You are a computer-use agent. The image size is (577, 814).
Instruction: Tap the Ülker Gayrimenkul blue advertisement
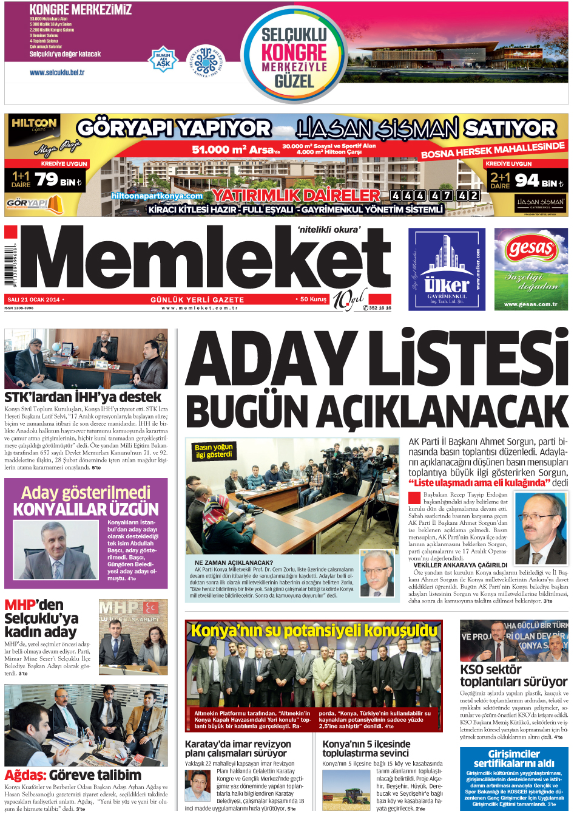447,269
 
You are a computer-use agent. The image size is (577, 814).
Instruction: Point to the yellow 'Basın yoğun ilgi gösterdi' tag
214,451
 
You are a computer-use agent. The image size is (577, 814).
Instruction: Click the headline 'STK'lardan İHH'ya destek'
83,397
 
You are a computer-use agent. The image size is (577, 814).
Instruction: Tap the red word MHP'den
34,605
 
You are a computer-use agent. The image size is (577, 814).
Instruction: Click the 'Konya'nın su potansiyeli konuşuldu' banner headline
314,631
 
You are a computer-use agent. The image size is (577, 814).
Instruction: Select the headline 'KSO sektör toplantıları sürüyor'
513,675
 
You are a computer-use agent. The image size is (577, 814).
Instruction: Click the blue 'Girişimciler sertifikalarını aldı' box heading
513,759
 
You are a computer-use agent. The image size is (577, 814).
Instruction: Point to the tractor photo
346,790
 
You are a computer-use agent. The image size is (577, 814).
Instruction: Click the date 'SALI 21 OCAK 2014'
33,299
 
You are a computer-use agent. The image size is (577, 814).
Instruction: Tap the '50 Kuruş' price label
313,299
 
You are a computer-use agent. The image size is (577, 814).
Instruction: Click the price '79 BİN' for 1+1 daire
58,180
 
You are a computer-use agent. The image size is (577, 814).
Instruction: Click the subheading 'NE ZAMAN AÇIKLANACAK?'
234,563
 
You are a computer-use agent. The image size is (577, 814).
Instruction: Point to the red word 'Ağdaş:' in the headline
25,775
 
